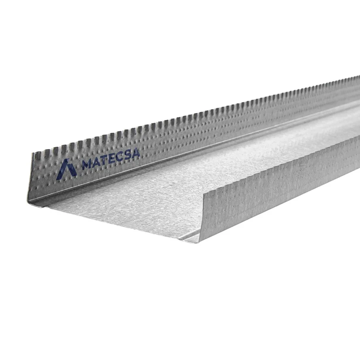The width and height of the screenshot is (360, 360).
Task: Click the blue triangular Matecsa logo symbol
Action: coord(66,170)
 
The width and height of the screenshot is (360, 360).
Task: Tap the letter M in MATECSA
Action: coord(87,164)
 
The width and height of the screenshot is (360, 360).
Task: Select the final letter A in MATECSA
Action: coord(135,152)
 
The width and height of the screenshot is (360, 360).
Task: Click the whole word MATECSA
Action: coord(111,159)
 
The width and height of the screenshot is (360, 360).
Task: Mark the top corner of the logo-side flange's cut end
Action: coord(32,153)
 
